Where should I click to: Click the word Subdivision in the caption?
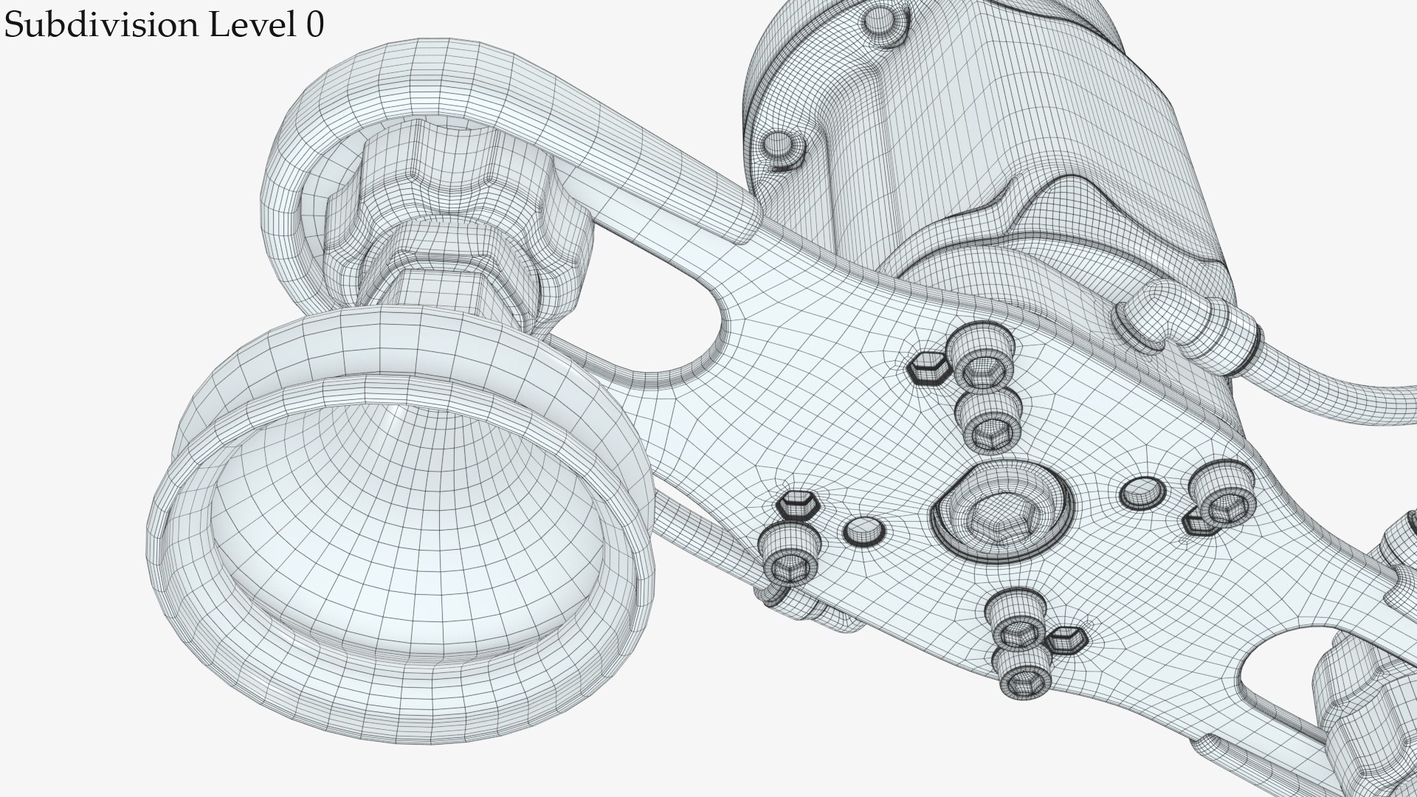point(100,26)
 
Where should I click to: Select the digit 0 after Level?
point(313,26)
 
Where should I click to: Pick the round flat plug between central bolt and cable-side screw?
point(1141,493)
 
